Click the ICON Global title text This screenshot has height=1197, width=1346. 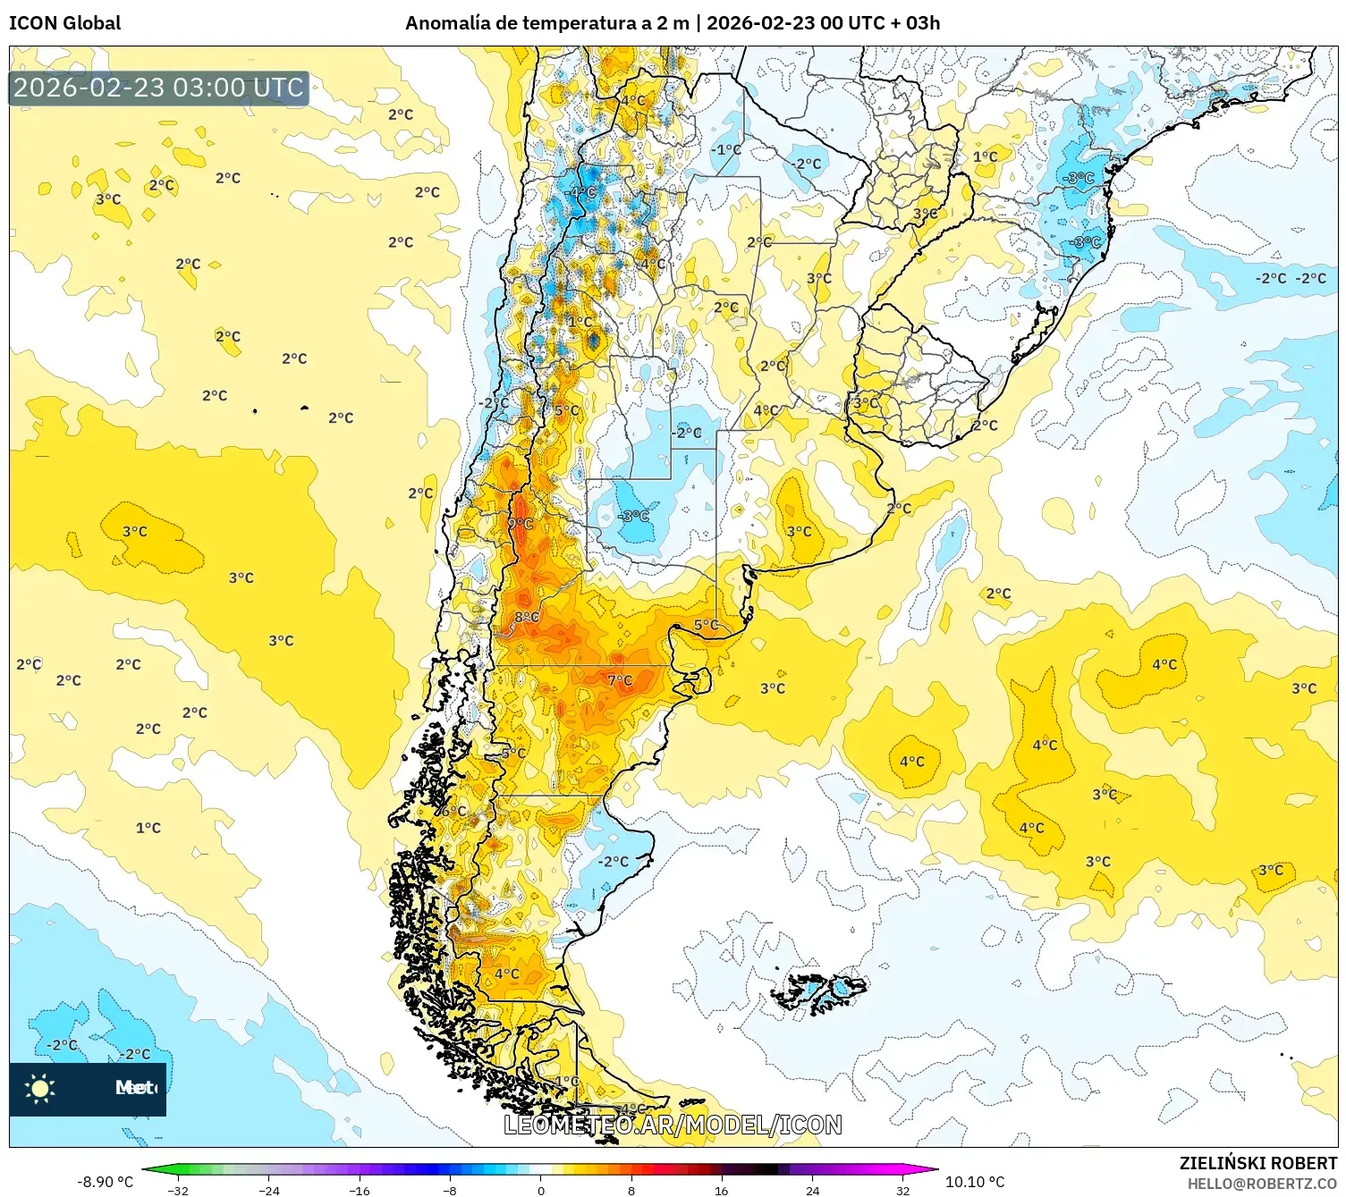(64, 23)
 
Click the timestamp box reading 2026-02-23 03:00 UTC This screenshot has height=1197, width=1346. (159, 88)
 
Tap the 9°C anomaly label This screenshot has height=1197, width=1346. (521, 524)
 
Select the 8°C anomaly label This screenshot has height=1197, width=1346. (527, 617)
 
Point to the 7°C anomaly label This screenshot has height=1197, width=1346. (620, 680)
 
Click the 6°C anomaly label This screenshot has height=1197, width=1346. (454, 811)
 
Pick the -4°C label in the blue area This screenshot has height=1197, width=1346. (582, 192)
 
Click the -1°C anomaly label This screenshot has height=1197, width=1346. (727, 149)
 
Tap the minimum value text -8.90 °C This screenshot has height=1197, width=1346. (106, 1182)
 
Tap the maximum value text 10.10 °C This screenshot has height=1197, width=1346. (975, 1182)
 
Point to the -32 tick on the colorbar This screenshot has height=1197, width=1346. (178, 1190)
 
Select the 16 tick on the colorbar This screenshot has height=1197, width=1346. (721, 1190)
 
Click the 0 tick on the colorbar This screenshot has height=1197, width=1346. (540, 1190)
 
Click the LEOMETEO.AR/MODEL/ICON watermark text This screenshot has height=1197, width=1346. (673, 1125)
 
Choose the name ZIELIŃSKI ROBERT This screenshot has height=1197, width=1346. (1257, 1163)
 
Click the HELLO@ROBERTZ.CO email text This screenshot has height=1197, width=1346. (1262, 1184)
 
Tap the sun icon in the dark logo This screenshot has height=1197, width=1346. (40, 1088)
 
